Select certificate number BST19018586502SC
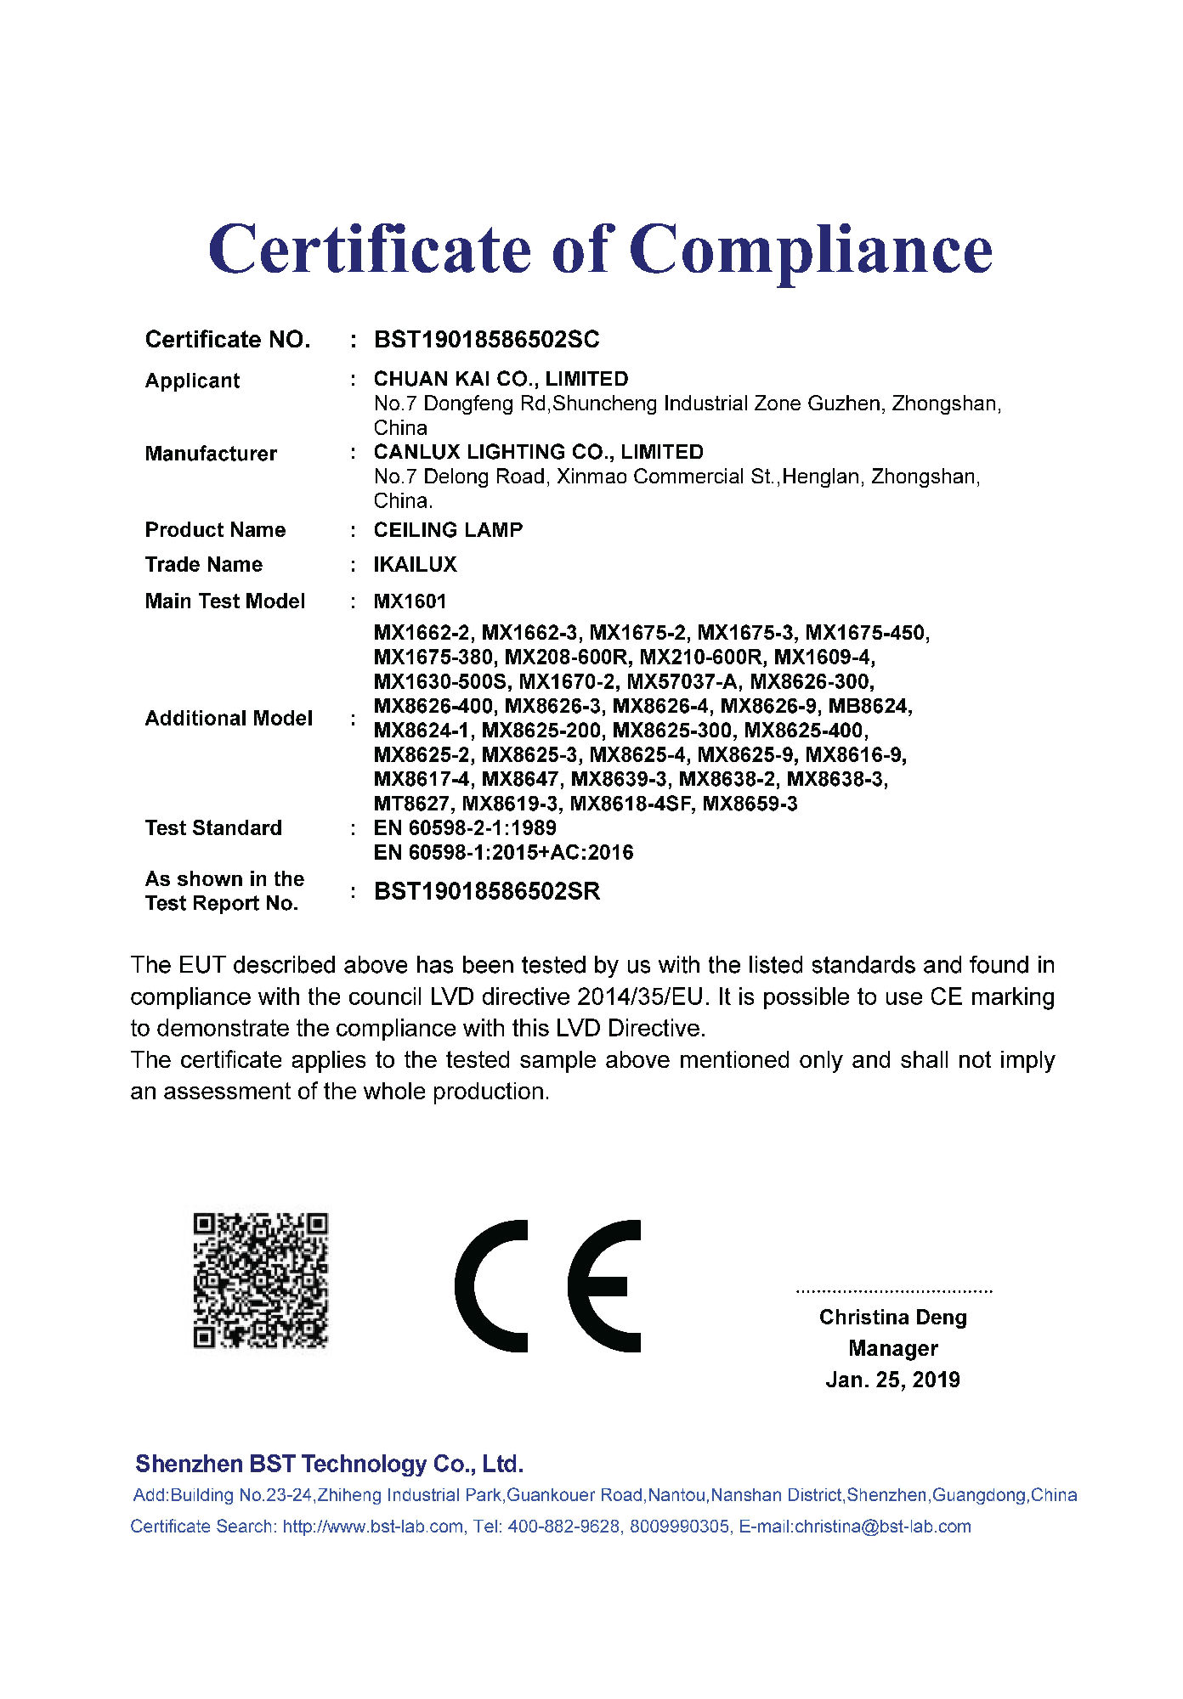click(486, 340)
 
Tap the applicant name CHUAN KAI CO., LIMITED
click(501, 379)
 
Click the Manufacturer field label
click(211, 454)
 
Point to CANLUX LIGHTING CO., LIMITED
click(538, 452)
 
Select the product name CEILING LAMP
click(448, 530)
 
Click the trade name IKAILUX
click(415, 565)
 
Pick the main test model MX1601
click(410, 601)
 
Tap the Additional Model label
click(229, 719)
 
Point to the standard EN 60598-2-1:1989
click(465, 828)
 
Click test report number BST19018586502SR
click(487, 891)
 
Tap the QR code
click(260, 1280)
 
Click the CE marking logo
click(548, 1285)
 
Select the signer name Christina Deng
click(892, 1318)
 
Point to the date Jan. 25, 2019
click(892, 1380)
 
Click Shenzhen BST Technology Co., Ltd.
click(329, 1464)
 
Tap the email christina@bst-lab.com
click(882, 1527)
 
